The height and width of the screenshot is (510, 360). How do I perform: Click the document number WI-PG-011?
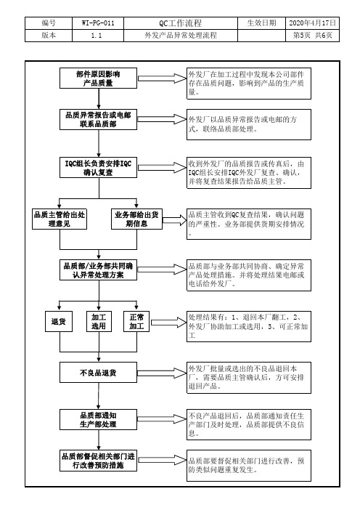click(x=98, y=23)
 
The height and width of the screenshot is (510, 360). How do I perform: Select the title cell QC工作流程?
click(x=180, y=23)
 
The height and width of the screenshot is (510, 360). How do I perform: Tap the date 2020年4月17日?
click(x=312, y=23)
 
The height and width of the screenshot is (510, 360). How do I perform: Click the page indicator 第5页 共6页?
click(x=313, y=36)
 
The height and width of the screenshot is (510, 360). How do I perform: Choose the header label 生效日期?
click(x=261, y=23)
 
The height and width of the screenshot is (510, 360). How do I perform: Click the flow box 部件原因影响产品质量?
click(x=98, y=78)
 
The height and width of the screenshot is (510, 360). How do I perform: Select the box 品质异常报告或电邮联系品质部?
click(x=98, y=119)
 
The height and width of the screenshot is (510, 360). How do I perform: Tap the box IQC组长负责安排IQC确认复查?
click(x=98, y=168)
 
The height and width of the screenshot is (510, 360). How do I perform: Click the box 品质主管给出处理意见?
click(x=60, y=219)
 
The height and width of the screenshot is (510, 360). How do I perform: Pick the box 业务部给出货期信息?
click(x=136, y=219)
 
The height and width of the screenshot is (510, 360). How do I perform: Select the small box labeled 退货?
click(x=59, y=321)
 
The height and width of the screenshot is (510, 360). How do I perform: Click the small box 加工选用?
click(x=99, y=321)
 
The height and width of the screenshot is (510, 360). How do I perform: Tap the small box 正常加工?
click(x=136, y=321)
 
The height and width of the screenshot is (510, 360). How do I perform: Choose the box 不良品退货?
click(x=98, y=373)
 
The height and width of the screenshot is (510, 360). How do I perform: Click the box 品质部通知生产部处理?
click(x=98, y=420)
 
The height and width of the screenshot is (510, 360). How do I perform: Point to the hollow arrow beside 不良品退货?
click(x=162, y=373)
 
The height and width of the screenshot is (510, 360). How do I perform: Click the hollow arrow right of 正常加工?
click(x=168, y=322)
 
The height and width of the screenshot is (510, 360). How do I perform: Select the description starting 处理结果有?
click(x=248, y=326)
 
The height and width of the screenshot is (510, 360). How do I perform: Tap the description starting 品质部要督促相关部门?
click(x=248, y=466)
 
